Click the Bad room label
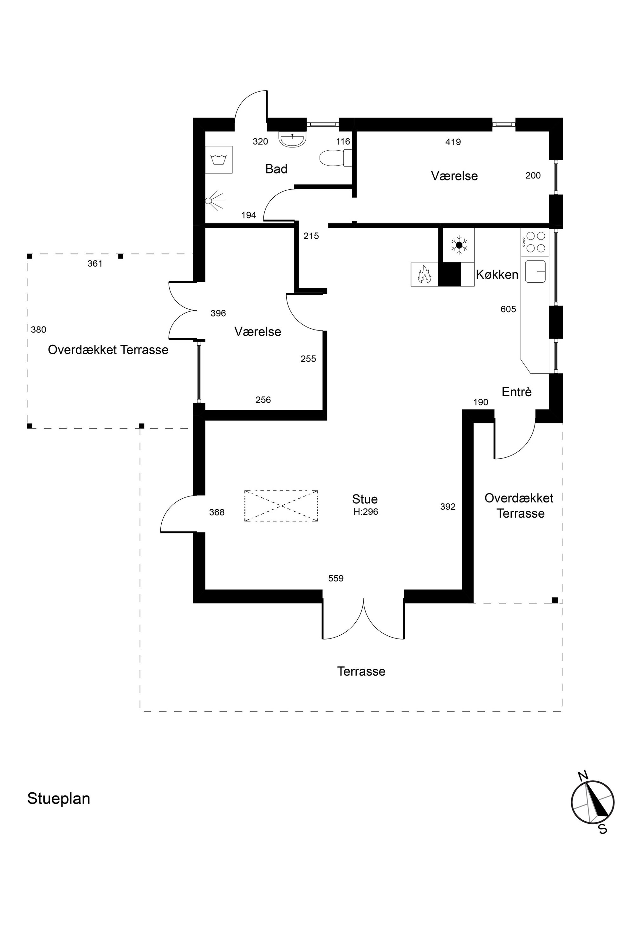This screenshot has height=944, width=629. pos(276,169)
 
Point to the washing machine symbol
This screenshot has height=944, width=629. pos(219,159)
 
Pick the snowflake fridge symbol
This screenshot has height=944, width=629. pos(459,245)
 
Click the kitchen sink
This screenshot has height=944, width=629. pos(535,272)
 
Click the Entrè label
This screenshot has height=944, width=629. pos(517,392)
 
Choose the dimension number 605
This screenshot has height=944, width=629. pos(508,309)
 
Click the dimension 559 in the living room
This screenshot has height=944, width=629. pos(336,578)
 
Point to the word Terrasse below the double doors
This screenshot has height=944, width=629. pos(361,672)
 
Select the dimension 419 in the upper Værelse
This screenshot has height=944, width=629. pos(453,142)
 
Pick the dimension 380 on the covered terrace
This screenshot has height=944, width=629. pos(38,330)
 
